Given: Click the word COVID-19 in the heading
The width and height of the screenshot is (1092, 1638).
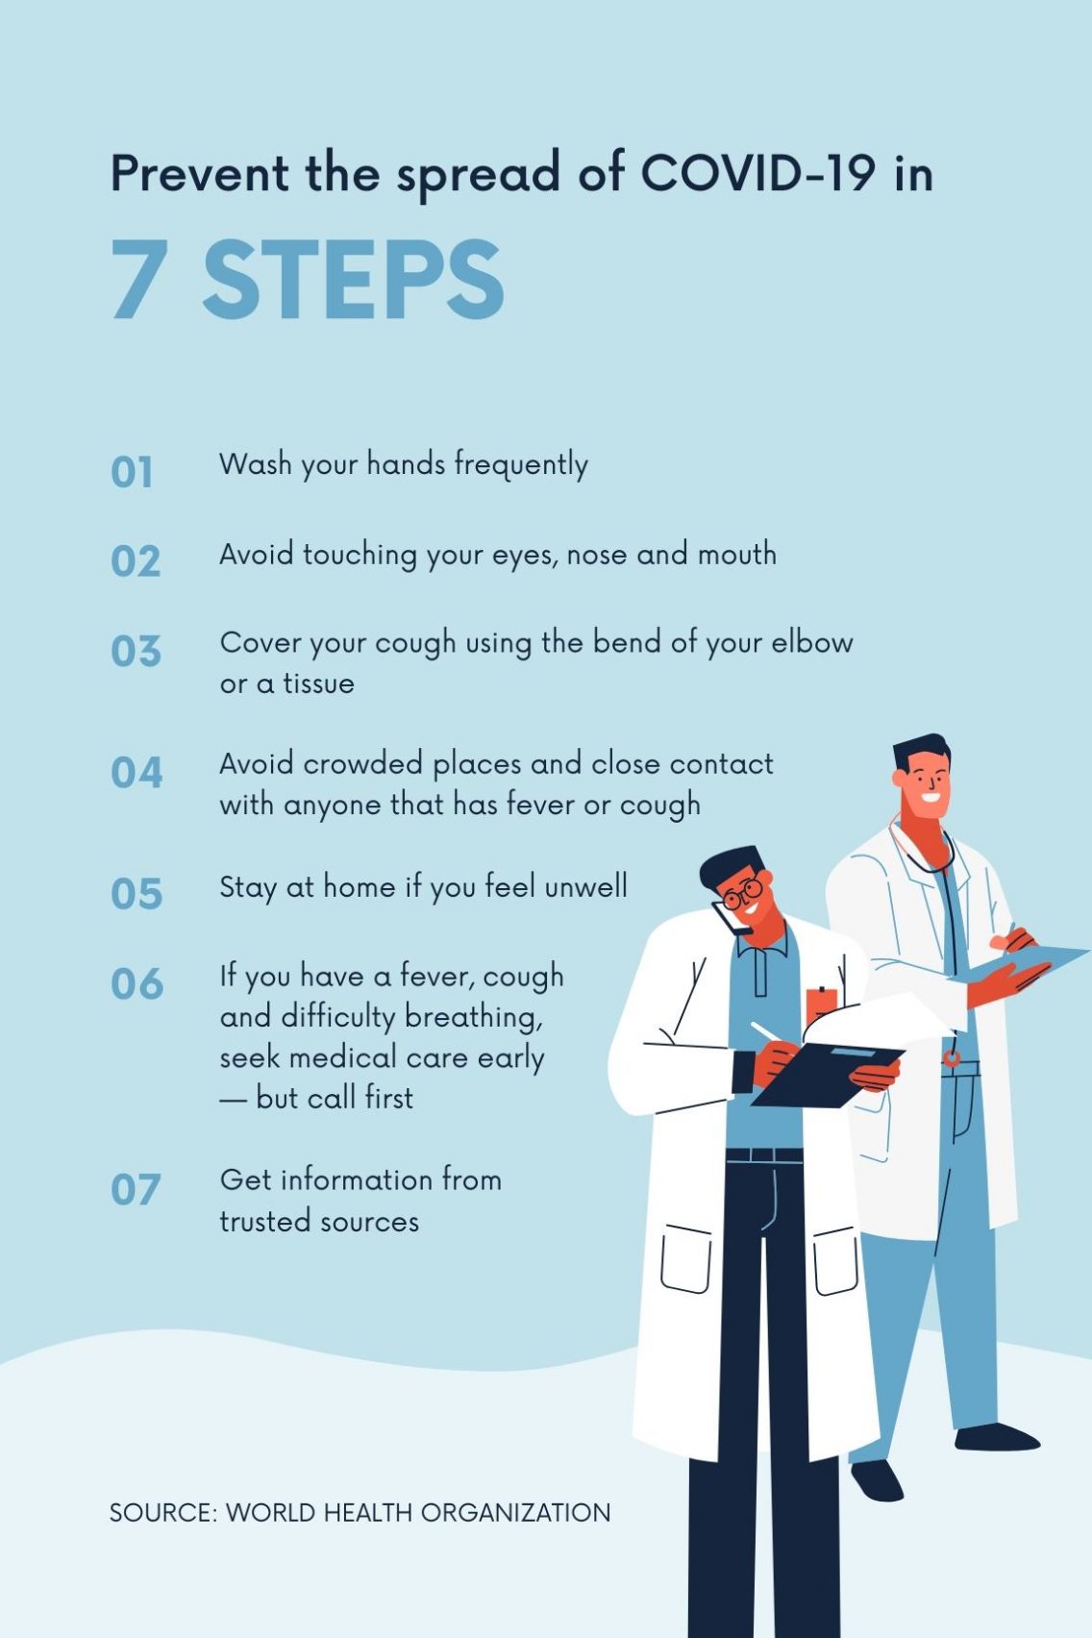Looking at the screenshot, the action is (x=757, y=173).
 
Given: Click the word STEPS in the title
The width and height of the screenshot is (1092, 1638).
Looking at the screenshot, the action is (x=354, y=280).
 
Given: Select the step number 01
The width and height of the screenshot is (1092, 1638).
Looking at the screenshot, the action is (x=132, y=472).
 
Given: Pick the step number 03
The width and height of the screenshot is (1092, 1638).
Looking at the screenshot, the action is (x=136, y=651).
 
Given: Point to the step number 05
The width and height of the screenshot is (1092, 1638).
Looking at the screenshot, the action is (x=136, y=894).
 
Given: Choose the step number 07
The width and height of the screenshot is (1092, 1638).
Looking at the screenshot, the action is (x=136, y=1189).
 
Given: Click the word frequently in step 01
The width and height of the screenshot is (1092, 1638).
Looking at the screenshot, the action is (x=521, y=466).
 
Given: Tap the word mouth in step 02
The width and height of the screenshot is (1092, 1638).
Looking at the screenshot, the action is (x=736, y=555).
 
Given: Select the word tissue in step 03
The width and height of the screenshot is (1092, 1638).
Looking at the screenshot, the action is (x=318, y=683).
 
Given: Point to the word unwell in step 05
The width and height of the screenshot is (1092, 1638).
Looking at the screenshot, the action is (x=585, y=886).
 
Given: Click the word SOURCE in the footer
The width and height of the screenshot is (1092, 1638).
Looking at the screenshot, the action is (x=163, y=1512).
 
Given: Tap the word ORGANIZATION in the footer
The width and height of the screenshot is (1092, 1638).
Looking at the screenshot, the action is (x=515, y=1512).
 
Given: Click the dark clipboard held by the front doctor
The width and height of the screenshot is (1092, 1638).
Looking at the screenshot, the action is (x=828, y=1074).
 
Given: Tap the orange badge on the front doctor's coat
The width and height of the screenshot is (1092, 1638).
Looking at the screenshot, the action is (x=821, y=1005).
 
